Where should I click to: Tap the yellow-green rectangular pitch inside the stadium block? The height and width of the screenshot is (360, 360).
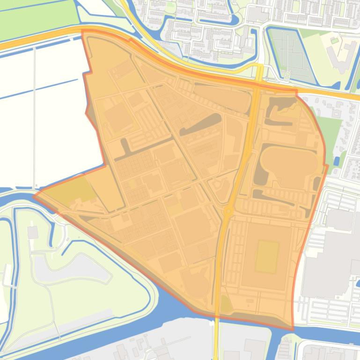coord(267,257)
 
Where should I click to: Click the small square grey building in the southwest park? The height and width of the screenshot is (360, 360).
coord(32,231)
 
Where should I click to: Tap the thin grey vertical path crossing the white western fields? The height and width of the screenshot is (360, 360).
coord(34,117)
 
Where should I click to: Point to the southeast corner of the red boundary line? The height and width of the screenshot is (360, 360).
coord(293,329)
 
